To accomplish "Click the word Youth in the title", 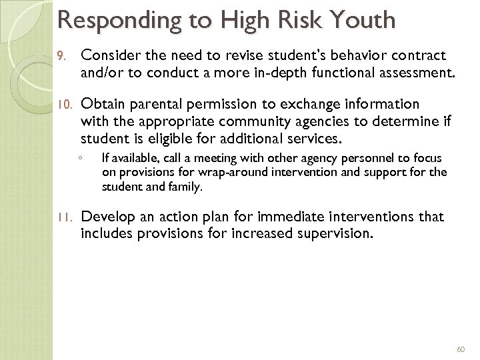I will [x=364, y=20].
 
